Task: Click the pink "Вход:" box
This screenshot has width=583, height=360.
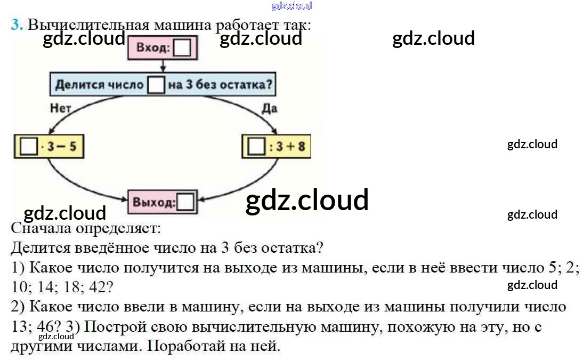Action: [162, 49]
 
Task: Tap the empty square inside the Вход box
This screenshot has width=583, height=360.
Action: [182, 49]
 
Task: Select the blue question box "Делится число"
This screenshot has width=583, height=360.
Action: [165, 84]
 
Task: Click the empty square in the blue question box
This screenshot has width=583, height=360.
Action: [156, 85]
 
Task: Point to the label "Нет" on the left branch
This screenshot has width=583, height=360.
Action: [60, 108]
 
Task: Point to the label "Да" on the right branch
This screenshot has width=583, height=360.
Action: [269, 108]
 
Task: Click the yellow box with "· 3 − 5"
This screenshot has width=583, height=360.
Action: [48, 146]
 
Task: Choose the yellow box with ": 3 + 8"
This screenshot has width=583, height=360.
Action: [276, 146]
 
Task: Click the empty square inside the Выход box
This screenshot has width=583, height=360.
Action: [185, 203]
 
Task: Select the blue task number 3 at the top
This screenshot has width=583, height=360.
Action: [17, 25]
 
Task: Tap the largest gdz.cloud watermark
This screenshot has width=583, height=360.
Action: [307, 201]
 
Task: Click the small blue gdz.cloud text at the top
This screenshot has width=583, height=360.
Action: [291, 6]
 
